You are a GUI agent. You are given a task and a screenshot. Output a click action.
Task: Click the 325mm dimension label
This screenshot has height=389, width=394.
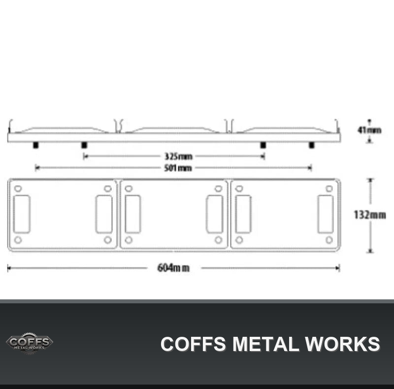coord(178,156)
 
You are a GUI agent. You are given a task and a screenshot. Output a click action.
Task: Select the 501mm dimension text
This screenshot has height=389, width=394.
coord(178,168)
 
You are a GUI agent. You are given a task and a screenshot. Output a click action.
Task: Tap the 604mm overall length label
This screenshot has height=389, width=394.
coord(173,268)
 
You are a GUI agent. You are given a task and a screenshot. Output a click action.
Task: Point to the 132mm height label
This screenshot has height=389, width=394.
coord(370,215)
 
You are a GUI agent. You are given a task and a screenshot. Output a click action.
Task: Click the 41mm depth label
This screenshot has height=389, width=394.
coord(369,130)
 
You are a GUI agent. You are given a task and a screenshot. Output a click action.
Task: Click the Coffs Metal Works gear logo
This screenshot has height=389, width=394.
coord(30,343)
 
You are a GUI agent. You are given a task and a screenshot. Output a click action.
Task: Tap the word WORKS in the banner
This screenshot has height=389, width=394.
coord(342,344)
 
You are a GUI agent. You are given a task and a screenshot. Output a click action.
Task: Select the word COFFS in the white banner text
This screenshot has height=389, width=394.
coord(193,344)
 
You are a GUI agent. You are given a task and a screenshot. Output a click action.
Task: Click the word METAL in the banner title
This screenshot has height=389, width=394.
coord(265,344)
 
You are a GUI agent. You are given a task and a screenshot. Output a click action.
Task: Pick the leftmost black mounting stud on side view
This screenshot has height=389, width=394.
coord(35,145)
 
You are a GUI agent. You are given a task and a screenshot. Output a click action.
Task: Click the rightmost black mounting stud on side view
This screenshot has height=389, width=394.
coord(312,145)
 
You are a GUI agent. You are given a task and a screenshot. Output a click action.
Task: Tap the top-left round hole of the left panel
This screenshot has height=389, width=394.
coord(18,189)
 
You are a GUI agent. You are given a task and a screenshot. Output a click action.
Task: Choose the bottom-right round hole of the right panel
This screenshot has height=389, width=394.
coord(329,240)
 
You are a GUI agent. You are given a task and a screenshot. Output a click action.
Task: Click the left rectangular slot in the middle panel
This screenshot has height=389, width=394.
coord(132,214)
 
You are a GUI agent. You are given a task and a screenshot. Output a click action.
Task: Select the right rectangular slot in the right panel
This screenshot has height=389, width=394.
coord(326,214)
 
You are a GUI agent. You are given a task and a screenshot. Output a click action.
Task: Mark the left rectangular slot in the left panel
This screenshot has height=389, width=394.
coord(22,214)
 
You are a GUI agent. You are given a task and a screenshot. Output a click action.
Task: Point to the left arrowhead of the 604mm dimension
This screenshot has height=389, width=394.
coord(9,268)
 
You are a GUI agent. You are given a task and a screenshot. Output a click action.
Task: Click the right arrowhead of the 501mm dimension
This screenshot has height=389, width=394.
coord(310,168)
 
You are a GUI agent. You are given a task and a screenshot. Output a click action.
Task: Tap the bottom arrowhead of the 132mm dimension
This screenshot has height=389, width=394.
coord(370,250)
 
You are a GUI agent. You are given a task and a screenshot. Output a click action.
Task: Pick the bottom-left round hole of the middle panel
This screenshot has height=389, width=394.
coord(129,240)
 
